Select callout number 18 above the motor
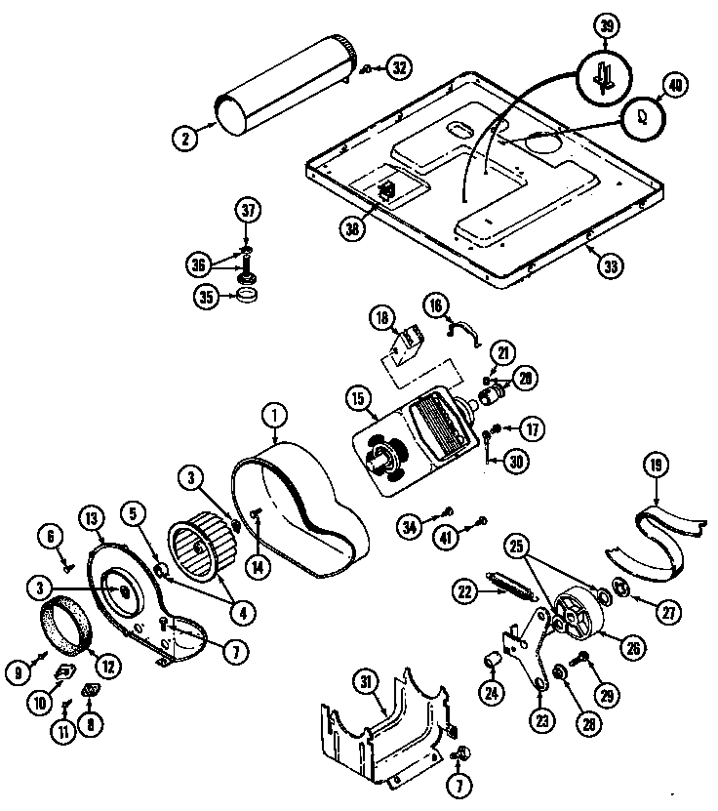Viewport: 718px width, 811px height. pos(381,317)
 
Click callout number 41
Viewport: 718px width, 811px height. pos(473,528)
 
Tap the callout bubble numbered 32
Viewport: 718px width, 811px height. pos(399,67)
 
